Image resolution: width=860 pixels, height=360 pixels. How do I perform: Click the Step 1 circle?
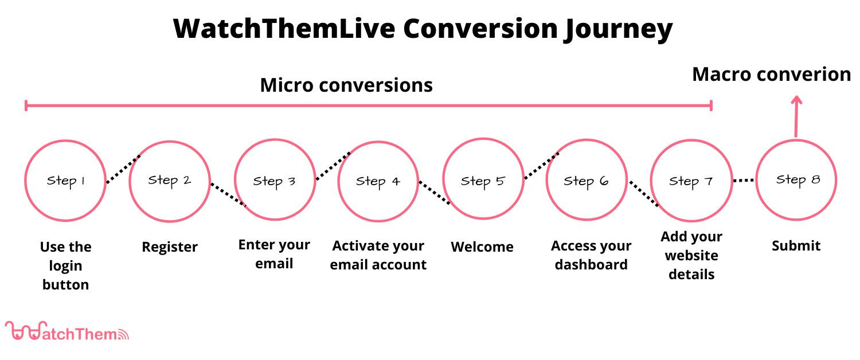pyautogui.click(x=65, y=181)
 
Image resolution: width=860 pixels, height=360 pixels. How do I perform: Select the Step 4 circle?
pyautogui.click(x=378, y=181)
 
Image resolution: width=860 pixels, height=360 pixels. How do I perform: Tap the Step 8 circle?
pyautogui.click(x=796, y=179)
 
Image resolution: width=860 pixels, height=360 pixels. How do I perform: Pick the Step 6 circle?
pyautogui.click(x=587, y=181)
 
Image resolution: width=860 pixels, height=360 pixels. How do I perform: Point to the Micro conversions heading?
pyautogui.click(x=346, y=85)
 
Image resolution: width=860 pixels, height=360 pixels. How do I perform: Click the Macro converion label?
pyautogui.click(x=771, y=75)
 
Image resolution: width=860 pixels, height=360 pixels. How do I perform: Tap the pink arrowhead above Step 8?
pyautogui.click(x=796, y=101)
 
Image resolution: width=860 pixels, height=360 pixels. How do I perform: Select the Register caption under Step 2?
pyautogui.click(x=170, y=247)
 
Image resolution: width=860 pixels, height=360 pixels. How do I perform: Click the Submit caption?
pyautogui.click(x=796, y=246)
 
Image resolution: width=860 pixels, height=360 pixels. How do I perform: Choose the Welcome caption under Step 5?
pyautogui.click(x=482, y=247)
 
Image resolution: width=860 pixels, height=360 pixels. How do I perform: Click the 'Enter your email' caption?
pyautogui.click(x=274, y=254)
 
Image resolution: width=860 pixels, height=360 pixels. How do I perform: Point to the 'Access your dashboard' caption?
pyautogui.click(x=591, y=255)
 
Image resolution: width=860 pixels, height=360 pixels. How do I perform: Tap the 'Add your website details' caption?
pyautogui.click(x=691, y=256)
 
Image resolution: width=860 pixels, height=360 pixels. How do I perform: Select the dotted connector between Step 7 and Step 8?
pyautogui.click(x=744, y=181)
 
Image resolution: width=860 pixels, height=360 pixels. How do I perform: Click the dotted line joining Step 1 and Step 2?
pyautogui.click(x=123, y=169)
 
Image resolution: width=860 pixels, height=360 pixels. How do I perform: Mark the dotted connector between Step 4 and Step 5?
pyautogui.click(x=435, y=193)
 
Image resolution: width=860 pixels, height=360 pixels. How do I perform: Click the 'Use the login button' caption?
pyautogui.click(x=65, y=265)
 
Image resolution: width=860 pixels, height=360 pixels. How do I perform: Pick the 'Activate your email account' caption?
pyautogui.click(x=378, y=255)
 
